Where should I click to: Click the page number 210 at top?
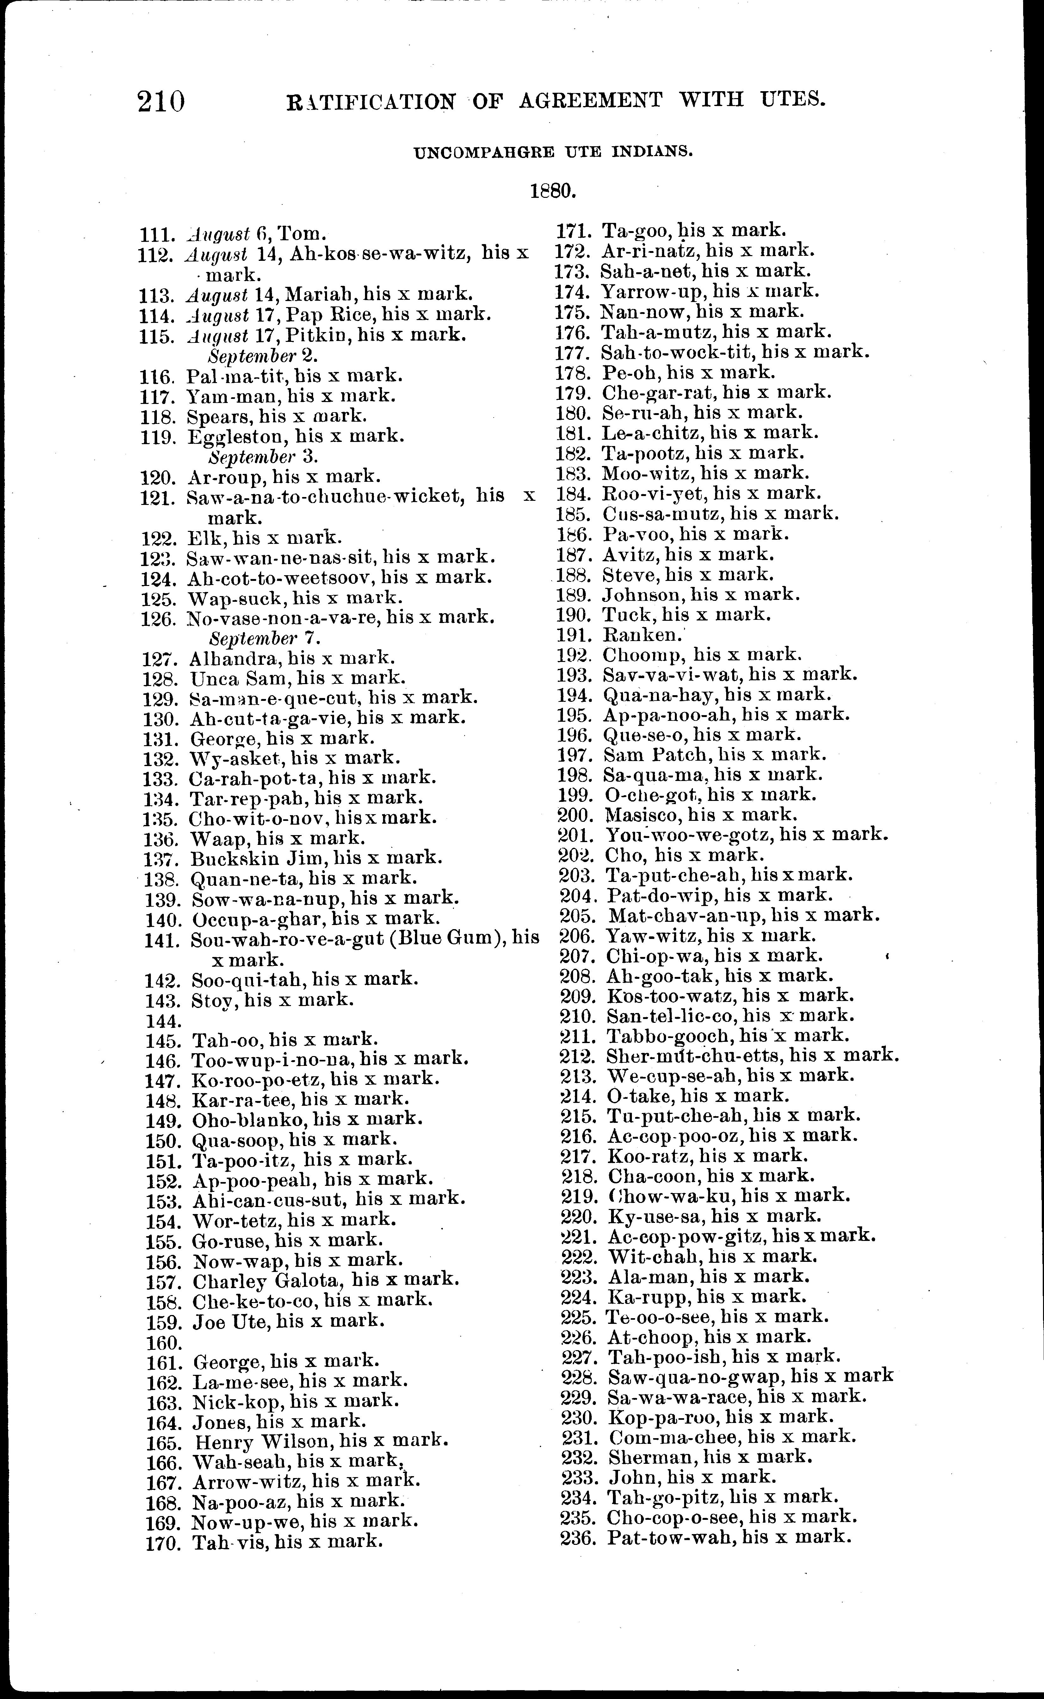[162, 102]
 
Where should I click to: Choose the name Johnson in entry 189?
[642, 594]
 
